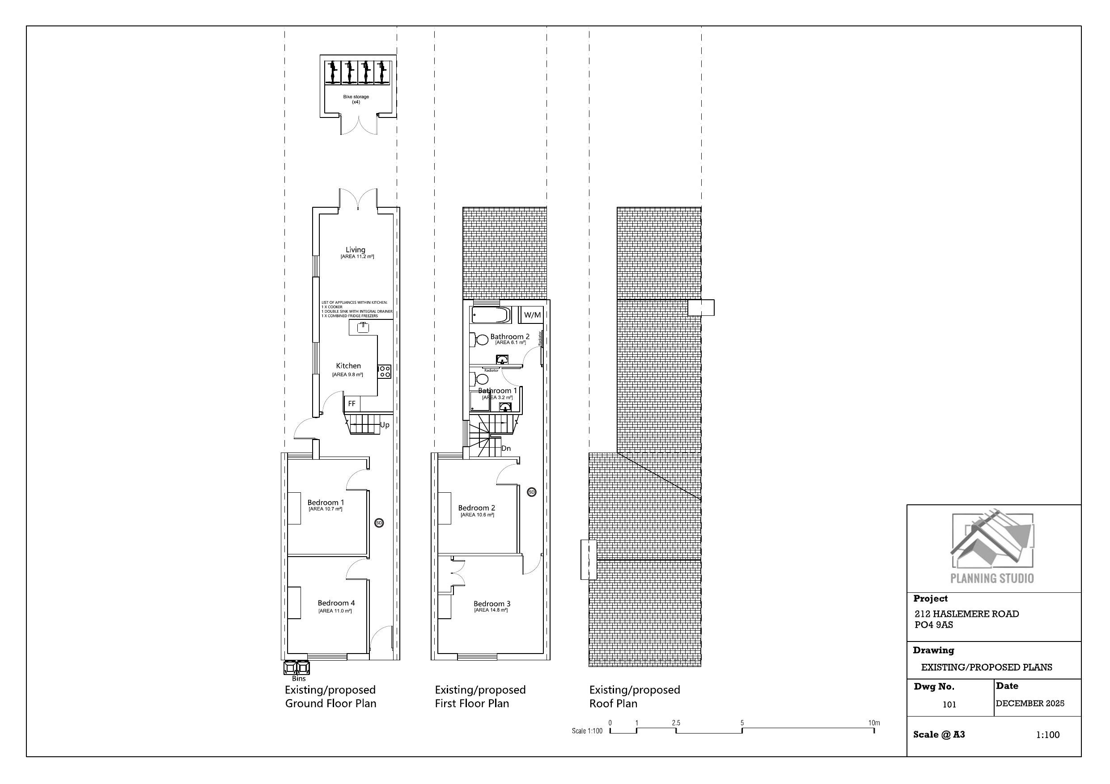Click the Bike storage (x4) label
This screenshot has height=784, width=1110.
356,99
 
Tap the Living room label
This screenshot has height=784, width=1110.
356,250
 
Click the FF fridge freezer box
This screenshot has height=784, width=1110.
352,403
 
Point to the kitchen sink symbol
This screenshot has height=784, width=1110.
363,328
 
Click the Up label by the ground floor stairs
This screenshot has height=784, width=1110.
385,425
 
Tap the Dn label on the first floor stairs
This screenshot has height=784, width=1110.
506,448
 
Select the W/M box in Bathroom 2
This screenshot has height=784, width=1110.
532,315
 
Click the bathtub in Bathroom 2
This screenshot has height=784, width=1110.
490,315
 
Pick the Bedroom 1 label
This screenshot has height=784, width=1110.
326,503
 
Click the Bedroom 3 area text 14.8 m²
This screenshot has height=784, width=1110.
491,611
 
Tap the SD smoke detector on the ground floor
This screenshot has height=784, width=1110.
379,523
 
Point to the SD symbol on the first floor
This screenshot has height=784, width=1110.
531,492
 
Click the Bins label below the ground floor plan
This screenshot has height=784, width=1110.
299,678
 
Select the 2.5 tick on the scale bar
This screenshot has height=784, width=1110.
676,723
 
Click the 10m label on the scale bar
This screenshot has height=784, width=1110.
873,723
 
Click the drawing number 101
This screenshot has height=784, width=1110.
949,704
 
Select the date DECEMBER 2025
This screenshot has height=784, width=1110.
1030,703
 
